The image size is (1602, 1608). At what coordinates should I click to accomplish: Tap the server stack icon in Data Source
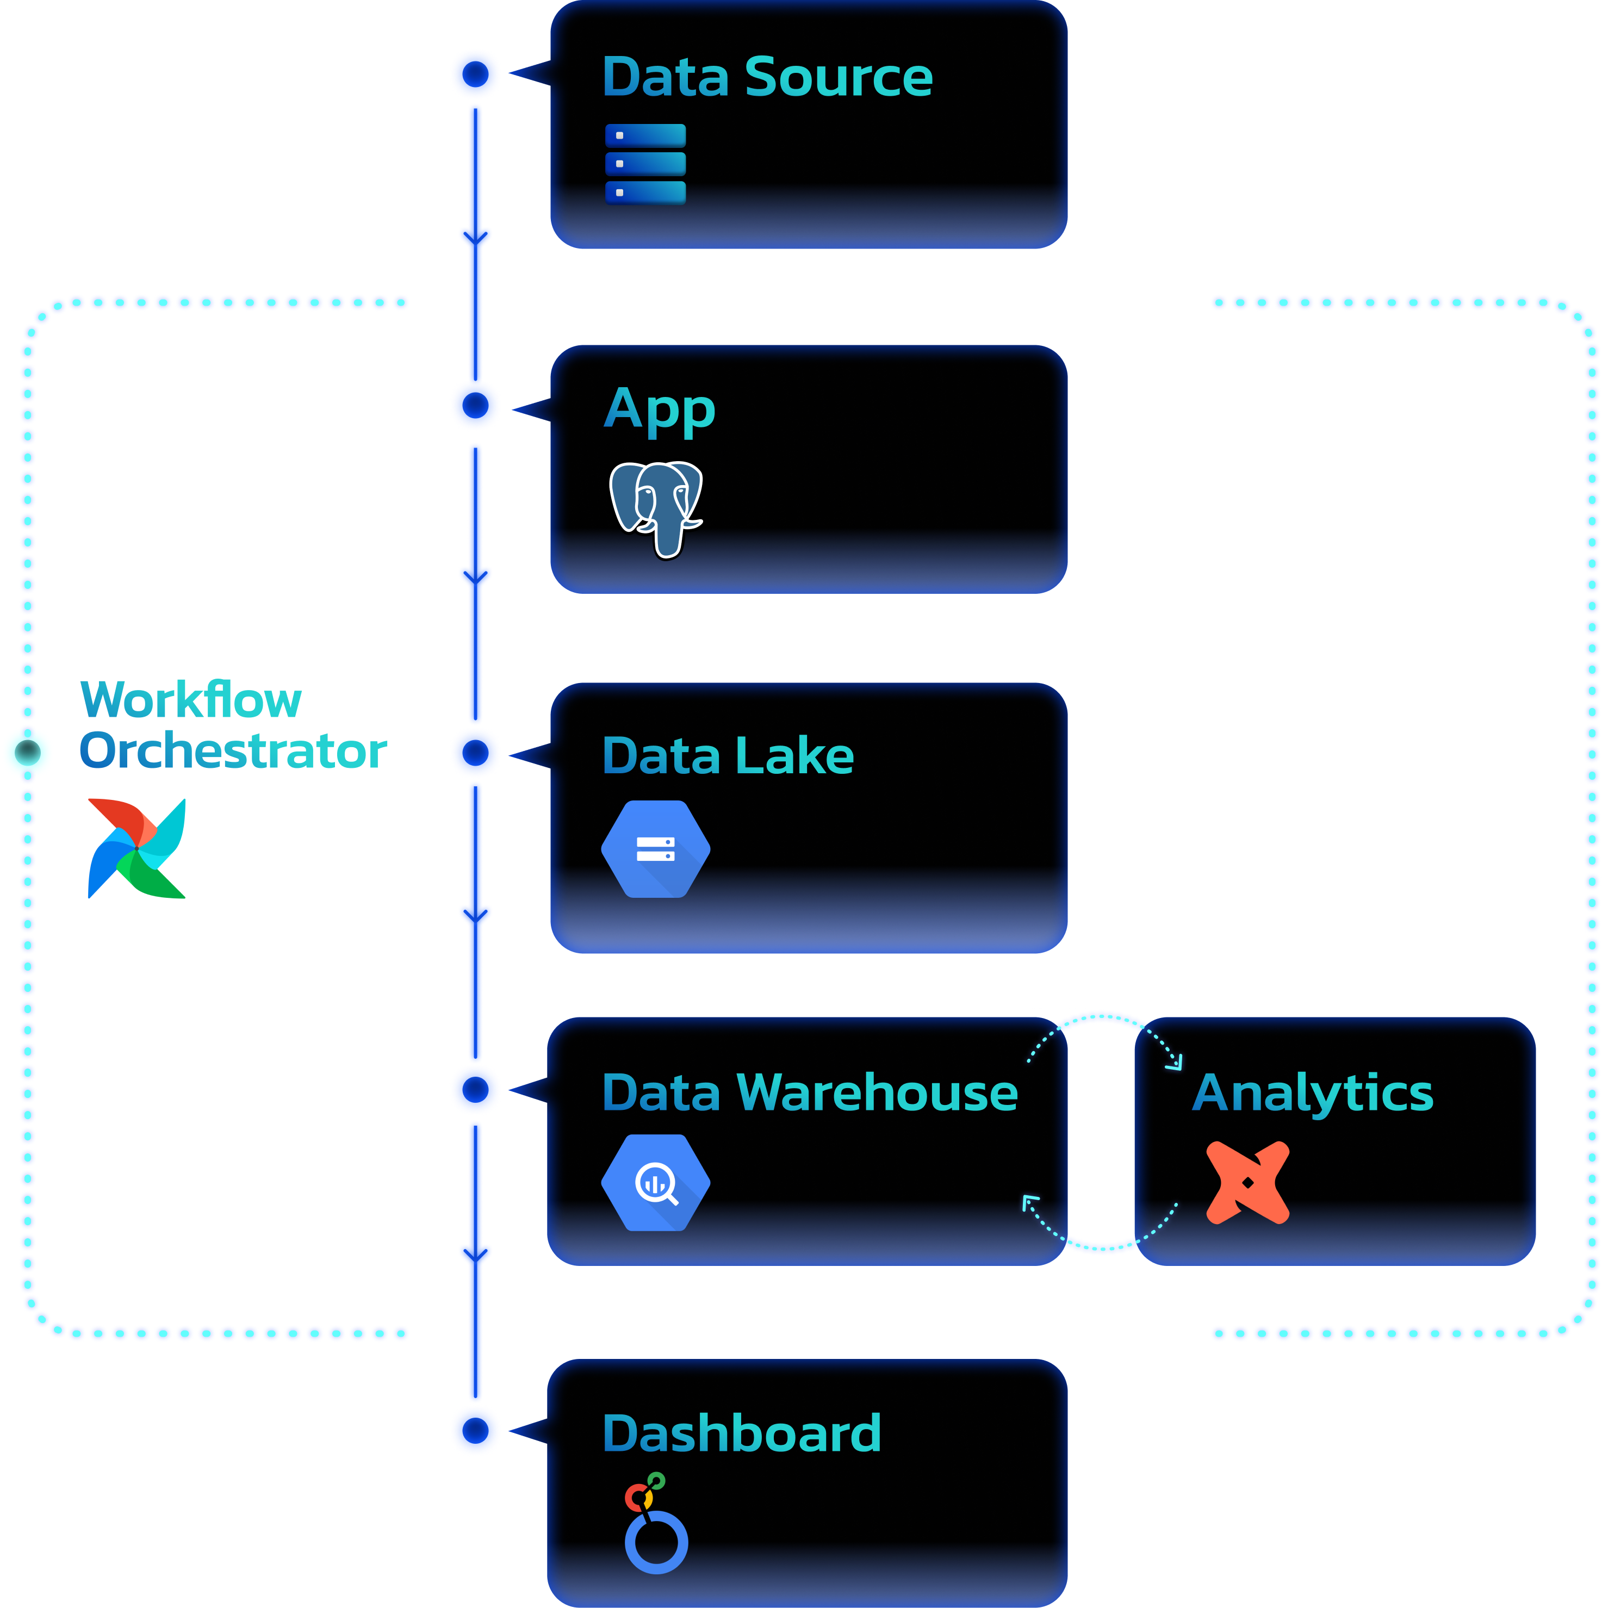(x=645, y=164)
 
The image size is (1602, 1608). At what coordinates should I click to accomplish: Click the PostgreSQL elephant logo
(x=656, y=508)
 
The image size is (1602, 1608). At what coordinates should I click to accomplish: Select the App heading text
(x=659, y=411)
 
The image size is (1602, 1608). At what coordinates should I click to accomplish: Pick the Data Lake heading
(x=728, y=756)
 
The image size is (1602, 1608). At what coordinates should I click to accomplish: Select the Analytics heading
(x=1312, y=1093)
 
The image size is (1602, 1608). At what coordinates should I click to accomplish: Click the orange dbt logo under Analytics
(x=1247, y=1183)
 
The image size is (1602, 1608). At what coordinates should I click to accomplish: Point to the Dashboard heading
(x=741, y=1433)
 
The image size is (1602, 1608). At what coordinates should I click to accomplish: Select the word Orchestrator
(x=233, y=751)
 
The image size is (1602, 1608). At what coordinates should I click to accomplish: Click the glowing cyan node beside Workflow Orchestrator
(x=28, y=752)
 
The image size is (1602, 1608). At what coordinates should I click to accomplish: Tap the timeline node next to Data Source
(x=475, y=74)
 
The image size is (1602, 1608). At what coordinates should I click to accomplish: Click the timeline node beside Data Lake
(x=475, y=753)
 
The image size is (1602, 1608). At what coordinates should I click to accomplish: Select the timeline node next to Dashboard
(x=475, y=1431)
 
